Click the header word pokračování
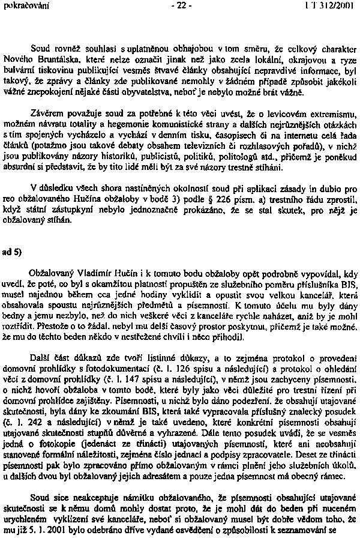(20, 6)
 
